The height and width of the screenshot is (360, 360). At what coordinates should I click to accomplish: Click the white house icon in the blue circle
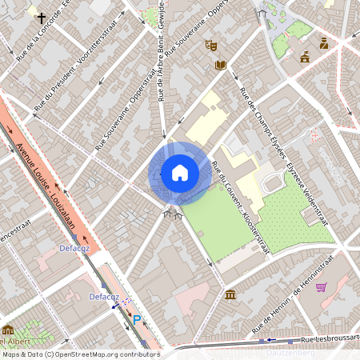point(180,173)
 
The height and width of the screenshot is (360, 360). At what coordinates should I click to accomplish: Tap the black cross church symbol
point(41,16)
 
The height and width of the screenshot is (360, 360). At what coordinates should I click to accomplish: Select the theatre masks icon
point(211,46)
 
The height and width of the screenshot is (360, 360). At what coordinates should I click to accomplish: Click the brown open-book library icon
point(221,65)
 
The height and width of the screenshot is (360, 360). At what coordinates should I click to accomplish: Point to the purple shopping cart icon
point(322,287)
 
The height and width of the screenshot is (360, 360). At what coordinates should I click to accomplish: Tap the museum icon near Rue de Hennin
point(230,295)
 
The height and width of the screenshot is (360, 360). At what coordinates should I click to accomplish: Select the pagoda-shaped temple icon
point(305,57)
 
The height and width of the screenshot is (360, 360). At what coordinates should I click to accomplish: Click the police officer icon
point(324,44)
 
